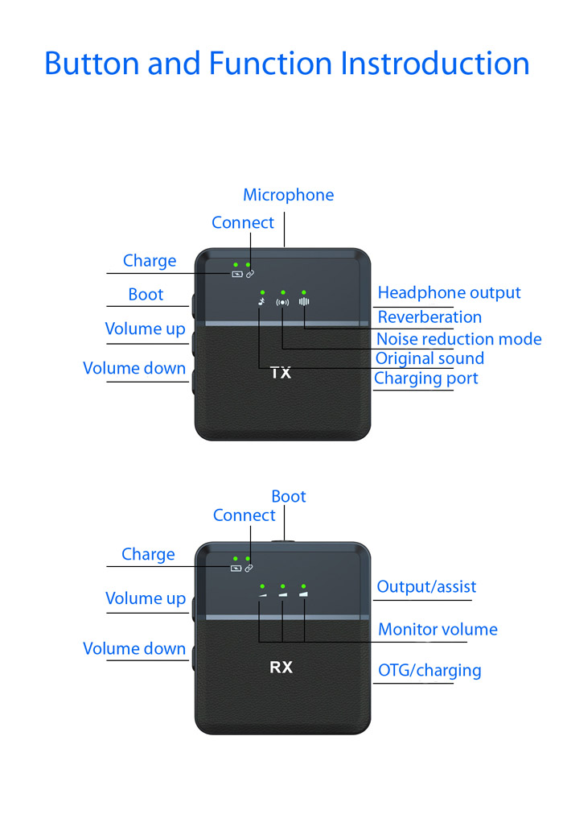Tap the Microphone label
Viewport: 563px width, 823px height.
[x=288, y=195]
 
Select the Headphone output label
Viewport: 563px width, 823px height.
[x=449, y=293]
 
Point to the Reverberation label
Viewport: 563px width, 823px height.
[x=429, y=316]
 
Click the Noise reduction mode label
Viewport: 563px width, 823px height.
[x=458, y=339]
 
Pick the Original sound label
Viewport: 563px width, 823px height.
[x=429, y=358]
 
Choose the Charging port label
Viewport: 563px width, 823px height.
[x=425, y=378]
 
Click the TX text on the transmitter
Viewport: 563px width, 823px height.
[x=281, y=373]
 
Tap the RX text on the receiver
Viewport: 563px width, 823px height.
[x=281, y=668]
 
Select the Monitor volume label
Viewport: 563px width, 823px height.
[x=438, y=630]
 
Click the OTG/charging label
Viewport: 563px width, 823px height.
[x=429, y=670]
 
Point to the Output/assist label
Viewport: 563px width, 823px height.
[x=426, y=587]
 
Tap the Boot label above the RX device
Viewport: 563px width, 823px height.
[x=288, y=496]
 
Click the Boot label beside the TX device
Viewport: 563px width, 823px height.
[x=146, y=295]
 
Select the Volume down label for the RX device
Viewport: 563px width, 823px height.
[x=134, y=649]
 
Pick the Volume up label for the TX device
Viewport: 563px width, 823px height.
[x=145, y=329]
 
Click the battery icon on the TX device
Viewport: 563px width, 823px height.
[x=236, y=274]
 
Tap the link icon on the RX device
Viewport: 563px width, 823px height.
[x=249, y=568]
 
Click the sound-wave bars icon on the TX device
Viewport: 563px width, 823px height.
[x=303, y=303]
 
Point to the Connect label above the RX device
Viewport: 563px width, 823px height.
[x=244, y=515]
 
